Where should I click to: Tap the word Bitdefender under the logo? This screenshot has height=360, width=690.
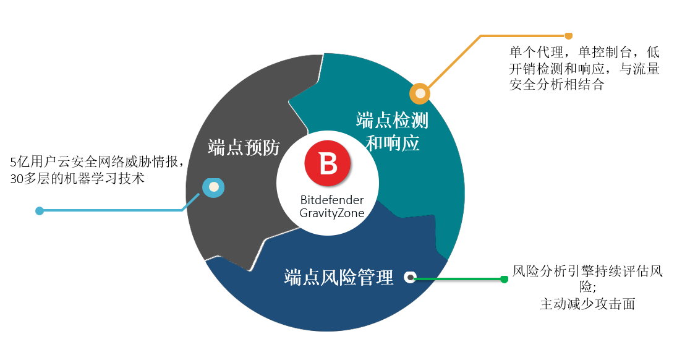[x=332, y=200]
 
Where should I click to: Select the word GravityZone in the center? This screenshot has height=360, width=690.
[x=332, y=213]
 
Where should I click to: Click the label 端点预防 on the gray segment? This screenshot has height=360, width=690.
[x=244, y=147]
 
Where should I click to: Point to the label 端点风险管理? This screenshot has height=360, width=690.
[x=338, y=277]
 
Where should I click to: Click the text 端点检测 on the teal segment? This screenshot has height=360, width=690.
[x=392, y=120]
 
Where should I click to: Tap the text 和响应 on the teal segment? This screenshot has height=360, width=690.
[x=392, y=143]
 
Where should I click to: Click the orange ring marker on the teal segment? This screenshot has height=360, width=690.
[x=420, y=93]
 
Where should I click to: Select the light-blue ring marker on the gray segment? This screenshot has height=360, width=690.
[x=213, y=187]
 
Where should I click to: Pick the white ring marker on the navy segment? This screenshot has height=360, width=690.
[x=411, y=277]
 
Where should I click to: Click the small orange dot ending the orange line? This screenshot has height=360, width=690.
[x=569, y=36]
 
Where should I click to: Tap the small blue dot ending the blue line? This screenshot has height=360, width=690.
[x=40, y=211]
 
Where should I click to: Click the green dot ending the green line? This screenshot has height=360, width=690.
[x=505, y=279]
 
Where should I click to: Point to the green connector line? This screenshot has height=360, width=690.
[x=459, y=278]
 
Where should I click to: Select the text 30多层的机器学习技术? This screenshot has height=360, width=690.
[x=77, y=178]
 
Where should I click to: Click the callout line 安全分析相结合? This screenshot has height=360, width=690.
[x=556, y=84]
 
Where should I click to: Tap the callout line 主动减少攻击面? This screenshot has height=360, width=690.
[x=587, y=304]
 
